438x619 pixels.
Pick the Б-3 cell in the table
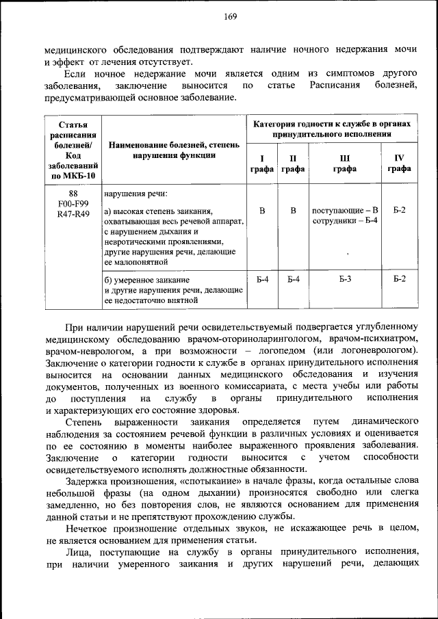pos(344,279)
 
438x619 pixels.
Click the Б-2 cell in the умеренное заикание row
pos(399,279)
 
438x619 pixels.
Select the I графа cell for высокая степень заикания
pos(261,210)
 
